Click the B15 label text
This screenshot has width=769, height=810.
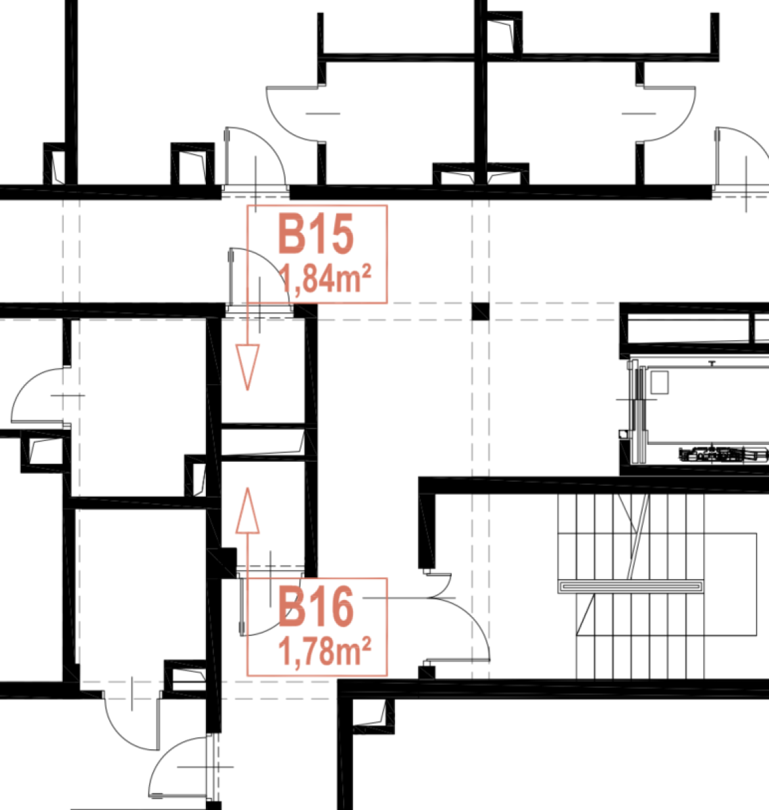click(x=316, y=234)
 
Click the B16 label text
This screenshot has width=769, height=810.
click(x=316, y=607)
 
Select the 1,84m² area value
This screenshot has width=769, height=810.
click(x=325, y=279)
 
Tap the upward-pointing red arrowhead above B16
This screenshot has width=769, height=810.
click(x=247, y=510)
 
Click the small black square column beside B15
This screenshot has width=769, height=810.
click(x=481, y=311)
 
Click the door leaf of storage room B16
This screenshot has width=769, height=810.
click(x=242, y=605)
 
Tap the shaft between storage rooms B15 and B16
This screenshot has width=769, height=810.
click(x=263, y=441)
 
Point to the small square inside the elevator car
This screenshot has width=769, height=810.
click(x=660, y=382)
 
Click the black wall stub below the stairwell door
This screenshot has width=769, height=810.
click(x=427, y=673)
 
